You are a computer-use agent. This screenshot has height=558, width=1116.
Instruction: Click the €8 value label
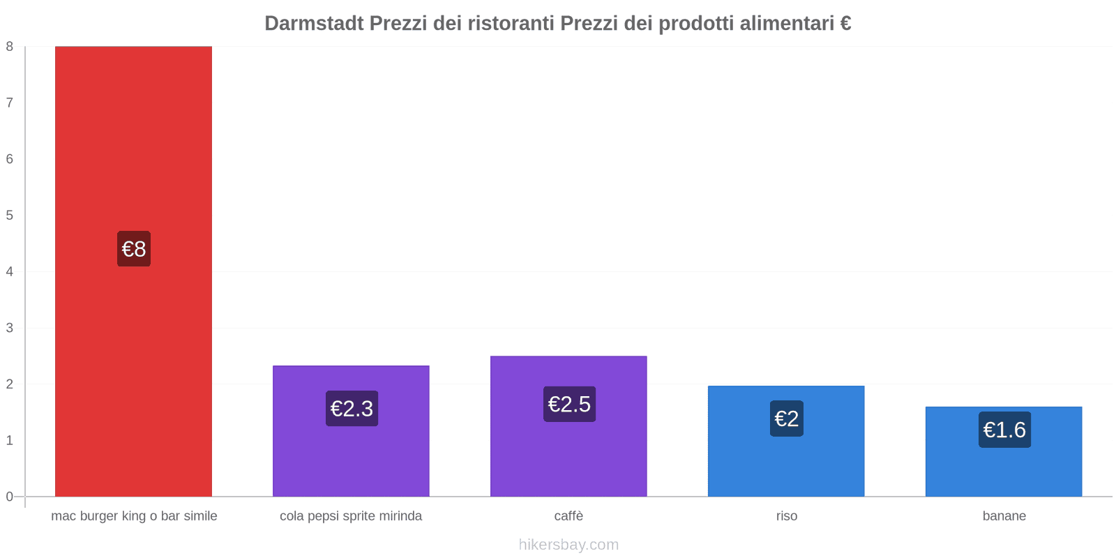click(x=134, y=249)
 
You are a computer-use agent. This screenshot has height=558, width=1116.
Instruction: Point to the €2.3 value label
click(x=352, y=409)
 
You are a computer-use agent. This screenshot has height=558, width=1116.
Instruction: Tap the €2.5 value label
click(x=569, y=405)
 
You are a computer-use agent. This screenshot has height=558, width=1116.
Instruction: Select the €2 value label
click(x=787, y=418)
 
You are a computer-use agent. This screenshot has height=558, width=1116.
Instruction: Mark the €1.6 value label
click(x=1004, y=430)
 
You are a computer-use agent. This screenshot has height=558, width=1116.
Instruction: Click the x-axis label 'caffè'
click(x=568, y=516)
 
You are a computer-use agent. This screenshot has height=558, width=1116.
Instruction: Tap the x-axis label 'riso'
click(x=787, y=516)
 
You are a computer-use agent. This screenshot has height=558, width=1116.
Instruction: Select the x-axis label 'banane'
click(x=1004, y=516)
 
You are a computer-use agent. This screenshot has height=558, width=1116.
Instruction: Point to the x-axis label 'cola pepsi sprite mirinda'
click(x=351, y=516)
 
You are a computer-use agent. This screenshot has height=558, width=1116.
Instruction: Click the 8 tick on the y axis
click(x=10, y=47)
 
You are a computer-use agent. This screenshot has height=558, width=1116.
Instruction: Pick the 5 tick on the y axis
click(x=10, y=216)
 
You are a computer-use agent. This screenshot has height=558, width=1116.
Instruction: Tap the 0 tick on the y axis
click(x=10, y=497)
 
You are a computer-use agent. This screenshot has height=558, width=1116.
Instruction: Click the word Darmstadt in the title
click(x=314, y=24)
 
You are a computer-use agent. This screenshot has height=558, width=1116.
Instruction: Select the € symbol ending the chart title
click(x=845, y=24)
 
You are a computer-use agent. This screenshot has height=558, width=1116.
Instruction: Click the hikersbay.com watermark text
click(x=568, y=545)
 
